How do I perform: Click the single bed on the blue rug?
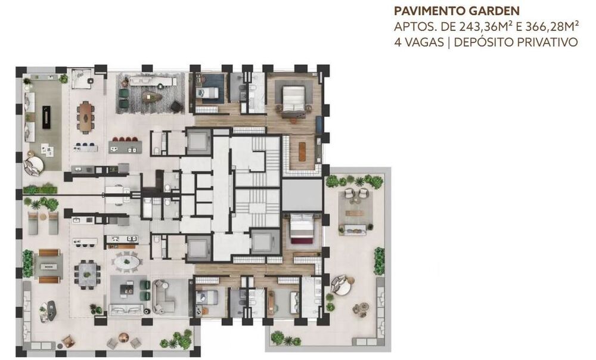pos(210,92)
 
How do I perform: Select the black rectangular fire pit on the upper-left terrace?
pos(46,117)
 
